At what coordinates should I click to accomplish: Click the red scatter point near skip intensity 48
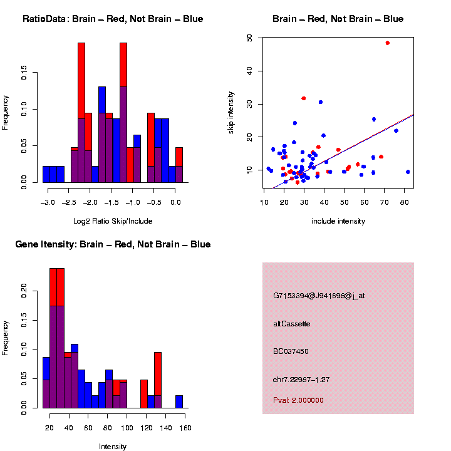pyautogui.click(x=388, y=43)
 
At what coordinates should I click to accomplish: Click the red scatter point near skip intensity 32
pyautogui.click(x=304, y=98)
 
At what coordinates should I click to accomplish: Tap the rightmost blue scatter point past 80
pyautogui.click(x=408, y=172)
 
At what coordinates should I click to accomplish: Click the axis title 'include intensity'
pyautogui.click(x=338, y=221)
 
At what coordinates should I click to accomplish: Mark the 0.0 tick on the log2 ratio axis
pyautogui.click(x=176, y=202)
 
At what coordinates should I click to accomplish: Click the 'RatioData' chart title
pyautogui.click(x=113, y=19)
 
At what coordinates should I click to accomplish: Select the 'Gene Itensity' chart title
pyautogui.click(x=113, y=244)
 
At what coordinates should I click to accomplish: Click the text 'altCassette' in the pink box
pyautogui.click(x=292, y=324)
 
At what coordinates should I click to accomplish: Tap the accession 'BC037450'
pyautogui.click(x=291, y=351)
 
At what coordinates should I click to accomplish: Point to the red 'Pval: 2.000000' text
pyautogui.click(x=298, y=400)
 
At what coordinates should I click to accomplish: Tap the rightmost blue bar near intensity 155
pyautogui.click(x=179, y=402)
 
